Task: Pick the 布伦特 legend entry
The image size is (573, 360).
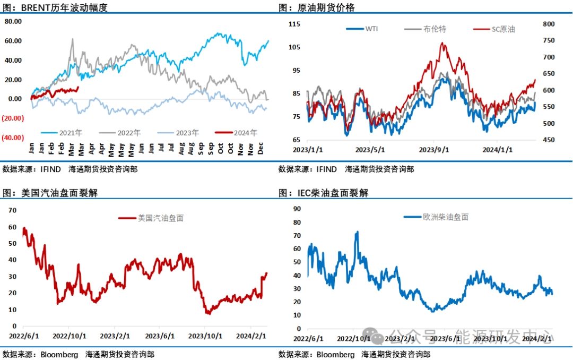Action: click(x=435, y=29)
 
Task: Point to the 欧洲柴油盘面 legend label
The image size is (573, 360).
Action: click(x=445, y=217)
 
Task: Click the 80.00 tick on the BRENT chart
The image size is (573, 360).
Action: click(x=13, y=22)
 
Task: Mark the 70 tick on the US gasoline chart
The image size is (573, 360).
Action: click(x=13, y=210)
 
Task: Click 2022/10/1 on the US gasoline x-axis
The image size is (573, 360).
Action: click(x=70, y=336)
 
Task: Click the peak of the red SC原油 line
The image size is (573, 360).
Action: click(x=442, y=43)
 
